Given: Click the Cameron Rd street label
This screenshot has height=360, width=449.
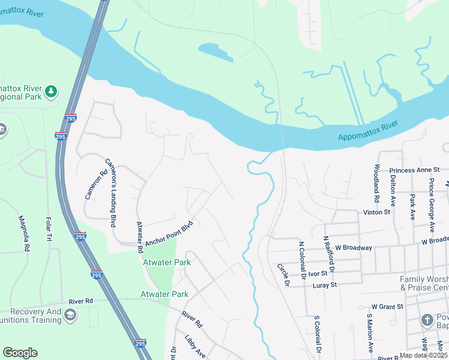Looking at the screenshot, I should pyautogui.click(x=96, y=184).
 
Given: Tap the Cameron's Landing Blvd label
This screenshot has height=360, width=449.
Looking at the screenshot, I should pyautogui.click(x=111, y=193).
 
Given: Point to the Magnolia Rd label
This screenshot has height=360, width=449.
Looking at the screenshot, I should pyautogui.click(x=24, y=233).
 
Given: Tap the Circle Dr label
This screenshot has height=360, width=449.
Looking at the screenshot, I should pyautogui.click(x=283, y=275).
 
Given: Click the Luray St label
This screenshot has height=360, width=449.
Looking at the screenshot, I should pyautogui.click(x=325, y=286).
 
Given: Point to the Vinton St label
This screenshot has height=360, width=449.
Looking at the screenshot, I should pyautogui.click(x=376, y=212).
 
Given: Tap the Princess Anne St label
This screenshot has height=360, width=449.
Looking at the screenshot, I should pyautogui.click(x=410, y=170).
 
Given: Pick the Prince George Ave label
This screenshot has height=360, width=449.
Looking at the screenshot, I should pyautogui.click(x=431, y=204).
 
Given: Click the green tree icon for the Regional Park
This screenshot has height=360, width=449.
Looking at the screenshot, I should pyautogui.click(x=52, y=91).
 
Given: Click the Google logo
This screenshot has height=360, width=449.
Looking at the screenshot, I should pyautogui.click(x=20, y=353).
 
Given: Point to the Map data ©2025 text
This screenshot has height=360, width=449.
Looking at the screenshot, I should pyautogui.click(x=421, y=355).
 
